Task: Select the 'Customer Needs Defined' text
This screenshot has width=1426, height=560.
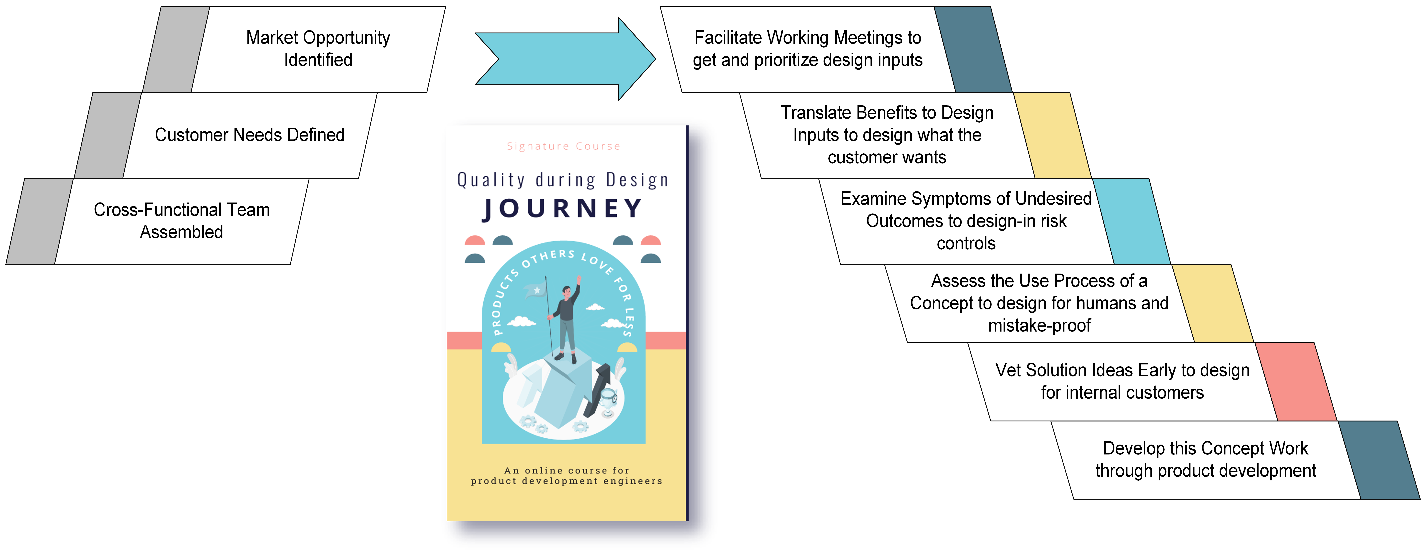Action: (x=250, y=135)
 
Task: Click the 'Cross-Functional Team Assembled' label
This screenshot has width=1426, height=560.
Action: (x=182, y=220)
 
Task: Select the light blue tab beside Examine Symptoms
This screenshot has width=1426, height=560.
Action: (x=1131, y=221)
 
